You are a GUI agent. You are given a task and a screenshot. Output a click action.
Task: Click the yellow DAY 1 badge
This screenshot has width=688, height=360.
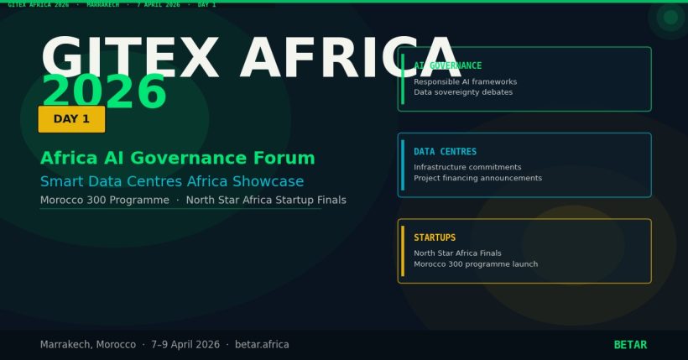71,119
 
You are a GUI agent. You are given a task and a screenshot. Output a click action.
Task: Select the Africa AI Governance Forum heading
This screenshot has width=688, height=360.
178,158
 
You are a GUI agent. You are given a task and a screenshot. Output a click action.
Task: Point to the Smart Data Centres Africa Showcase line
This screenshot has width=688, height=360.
172,181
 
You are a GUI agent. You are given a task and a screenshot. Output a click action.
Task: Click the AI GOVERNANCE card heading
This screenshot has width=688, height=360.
448,65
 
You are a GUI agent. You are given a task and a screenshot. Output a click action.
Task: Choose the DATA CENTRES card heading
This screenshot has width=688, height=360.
445,152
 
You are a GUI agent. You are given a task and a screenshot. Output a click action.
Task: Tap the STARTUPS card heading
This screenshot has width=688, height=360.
435,237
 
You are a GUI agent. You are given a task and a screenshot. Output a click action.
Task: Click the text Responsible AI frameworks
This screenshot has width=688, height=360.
465,81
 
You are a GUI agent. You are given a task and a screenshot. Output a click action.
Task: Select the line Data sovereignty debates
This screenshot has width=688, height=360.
462,92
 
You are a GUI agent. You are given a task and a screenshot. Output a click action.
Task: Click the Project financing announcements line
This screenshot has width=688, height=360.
477,178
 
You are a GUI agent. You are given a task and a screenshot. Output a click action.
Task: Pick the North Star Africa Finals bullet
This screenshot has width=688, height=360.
457,253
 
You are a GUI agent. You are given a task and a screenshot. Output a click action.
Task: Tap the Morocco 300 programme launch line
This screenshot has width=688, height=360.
476,263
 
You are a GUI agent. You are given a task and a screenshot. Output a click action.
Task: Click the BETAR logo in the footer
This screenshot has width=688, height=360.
630,345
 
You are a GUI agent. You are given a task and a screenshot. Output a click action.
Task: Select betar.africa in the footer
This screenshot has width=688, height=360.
262,345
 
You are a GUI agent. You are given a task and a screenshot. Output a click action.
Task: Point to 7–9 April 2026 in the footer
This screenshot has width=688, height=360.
185,345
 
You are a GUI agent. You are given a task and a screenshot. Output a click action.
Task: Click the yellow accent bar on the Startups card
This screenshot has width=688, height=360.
403,250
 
